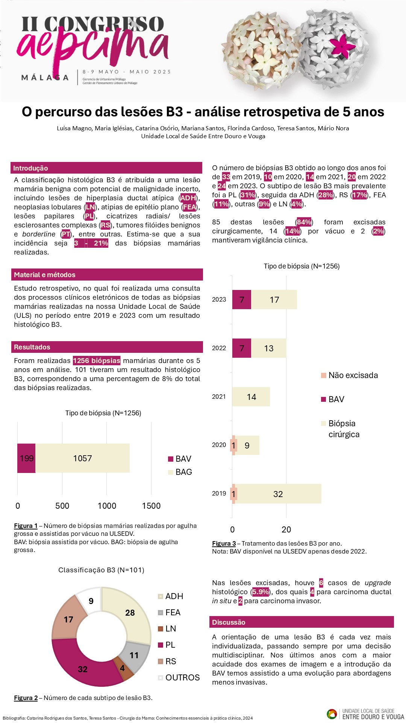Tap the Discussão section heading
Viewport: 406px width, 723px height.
[229, 622]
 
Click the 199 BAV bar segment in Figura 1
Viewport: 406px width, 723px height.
[26, 458]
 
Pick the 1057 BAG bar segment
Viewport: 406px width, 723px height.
[83, 458]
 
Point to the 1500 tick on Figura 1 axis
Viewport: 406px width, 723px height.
[151, 506]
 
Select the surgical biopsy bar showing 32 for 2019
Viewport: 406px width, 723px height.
[278, 494]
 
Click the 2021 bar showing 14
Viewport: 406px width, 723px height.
[251, 397]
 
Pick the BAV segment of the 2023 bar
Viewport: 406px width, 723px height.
[242, 300]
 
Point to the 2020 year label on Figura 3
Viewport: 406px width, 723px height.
[219, 445]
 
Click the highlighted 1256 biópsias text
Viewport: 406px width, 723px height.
[97, 361]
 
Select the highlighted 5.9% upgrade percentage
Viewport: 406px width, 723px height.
[260, 592]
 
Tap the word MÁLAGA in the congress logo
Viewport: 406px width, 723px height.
[45, 78]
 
